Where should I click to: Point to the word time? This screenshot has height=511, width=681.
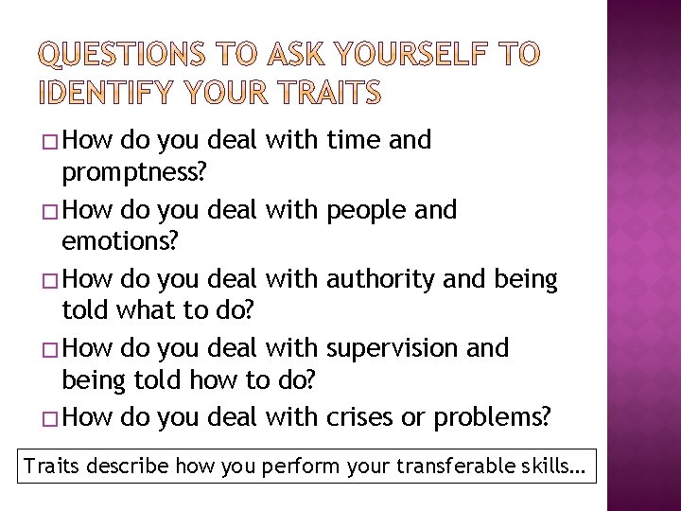353,141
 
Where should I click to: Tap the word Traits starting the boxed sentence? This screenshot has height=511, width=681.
53,467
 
